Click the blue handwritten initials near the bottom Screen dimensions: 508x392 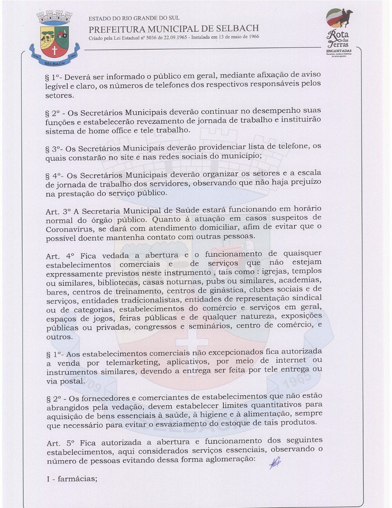(275, 463)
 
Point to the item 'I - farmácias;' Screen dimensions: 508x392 (72, 479)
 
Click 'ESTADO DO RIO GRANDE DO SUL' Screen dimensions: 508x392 (134, 18)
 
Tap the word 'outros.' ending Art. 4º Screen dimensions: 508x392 (59, 337)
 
